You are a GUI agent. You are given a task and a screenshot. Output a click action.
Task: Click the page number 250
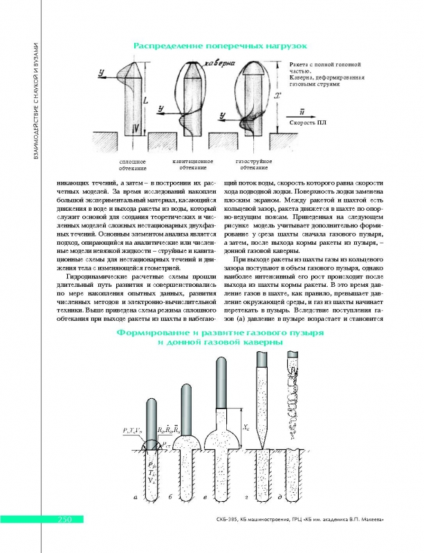pyautogui.click(x=55, y=519)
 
